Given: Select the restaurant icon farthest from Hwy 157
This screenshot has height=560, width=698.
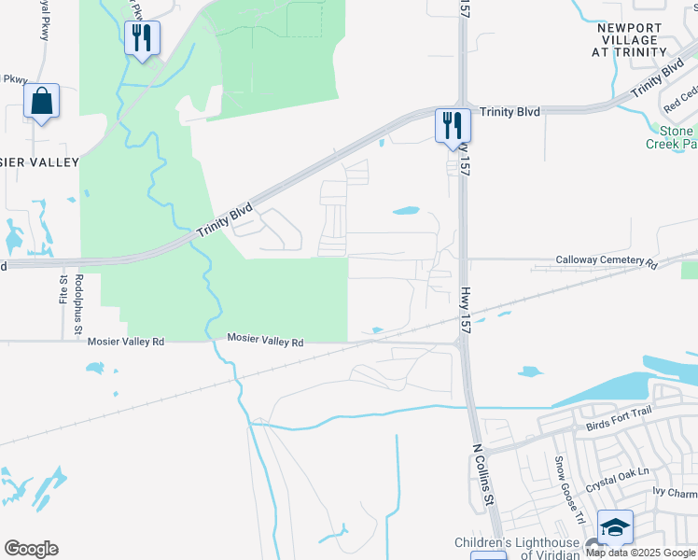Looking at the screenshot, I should pos(142,38).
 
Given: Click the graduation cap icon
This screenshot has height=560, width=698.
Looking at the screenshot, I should pos(615,527).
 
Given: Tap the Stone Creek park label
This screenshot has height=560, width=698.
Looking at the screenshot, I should pos(672,137).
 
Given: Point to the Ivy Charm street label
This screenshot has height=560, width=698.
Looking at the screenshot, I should pos(675,492).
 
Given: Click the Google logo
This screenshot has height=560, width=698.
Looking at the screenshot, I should pos(31,549).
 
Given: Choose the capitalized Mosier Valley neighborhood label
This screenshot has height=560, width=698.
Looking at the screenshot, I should pos(39,162).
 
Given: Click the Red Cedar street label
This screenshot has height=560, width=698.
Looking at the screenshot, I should pos(681,100).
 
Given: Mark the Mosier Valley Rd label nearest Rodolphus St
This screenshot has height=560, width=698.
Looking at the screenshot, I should pos(126,342).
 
